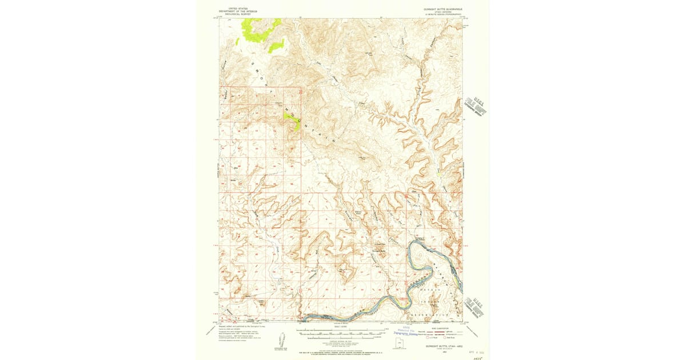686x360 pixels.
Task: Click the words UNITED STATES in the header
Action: click(x=235, y=8)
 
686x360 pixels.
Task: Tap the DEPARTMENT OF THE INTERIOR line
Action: click(x=235, y=11)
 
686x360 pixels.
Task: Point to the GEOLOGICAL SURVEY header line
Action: click(x=235, y=14)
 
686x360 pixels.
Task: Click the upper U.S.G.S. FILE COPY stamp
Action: click(x=476, y=106)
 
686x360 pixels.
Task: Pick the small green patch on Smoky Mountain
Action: click(x=293, y=119)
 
